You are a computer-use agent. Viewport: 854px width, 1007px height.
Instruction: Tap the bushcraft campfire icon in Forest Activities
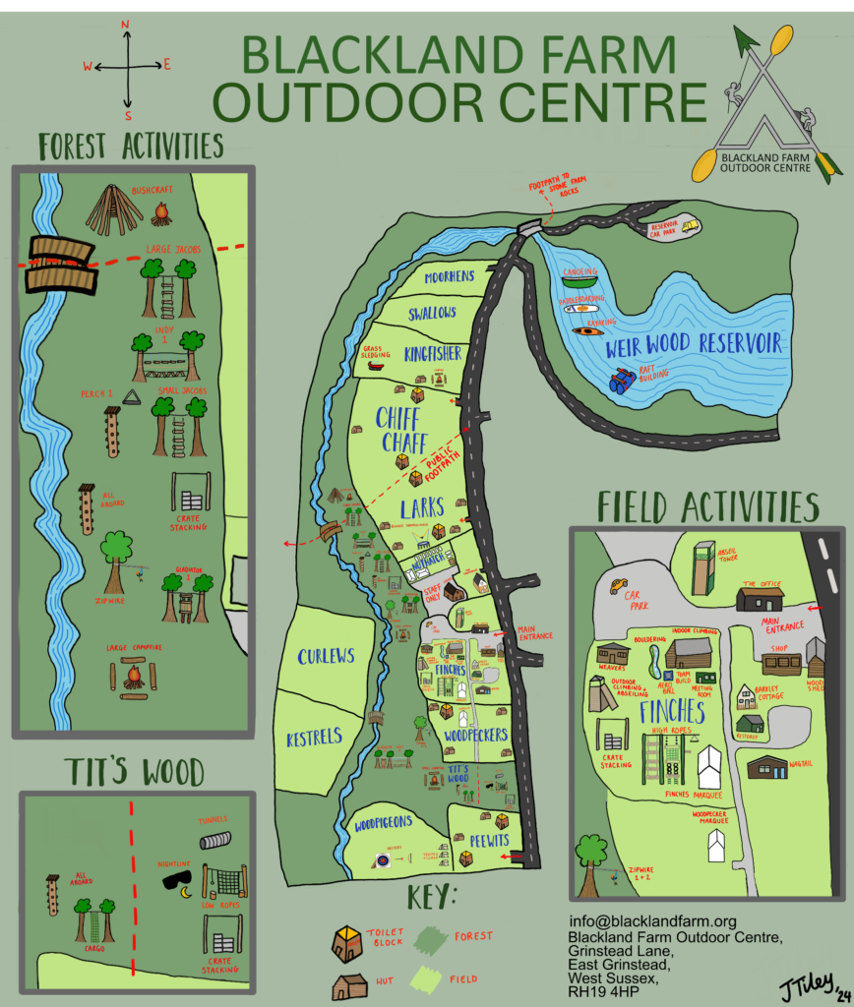[161, 212]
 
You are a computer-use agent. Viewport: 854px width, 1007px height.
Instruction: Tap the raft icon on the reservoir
[622, 381]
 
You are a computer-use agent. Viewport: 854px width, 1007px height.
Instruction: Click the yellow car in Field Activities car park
[618, 586]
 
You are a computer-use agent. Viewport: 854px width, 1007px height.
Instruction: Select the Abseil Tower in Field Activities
[702, 568]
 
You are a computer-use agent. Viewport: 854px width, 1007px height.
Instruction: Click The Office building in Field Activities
[760, 597]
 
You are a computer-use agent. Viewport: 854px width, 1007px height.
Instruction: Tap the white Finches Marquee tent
[709, 767]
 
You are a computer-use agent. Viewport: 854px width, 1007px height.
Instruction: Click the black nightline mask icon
[178, 880]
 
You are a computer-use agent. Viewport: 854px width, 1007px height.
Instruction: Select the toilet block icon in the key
[345, 943]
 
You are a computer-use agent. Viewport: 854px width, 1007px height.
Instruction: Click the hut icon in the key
[348, 985]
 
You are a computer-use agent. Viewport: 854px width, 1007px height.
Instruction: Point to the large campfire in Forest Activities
[133, 677]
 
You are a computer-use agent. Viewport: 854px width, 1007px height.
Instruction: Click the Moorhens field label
[450, 278]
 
